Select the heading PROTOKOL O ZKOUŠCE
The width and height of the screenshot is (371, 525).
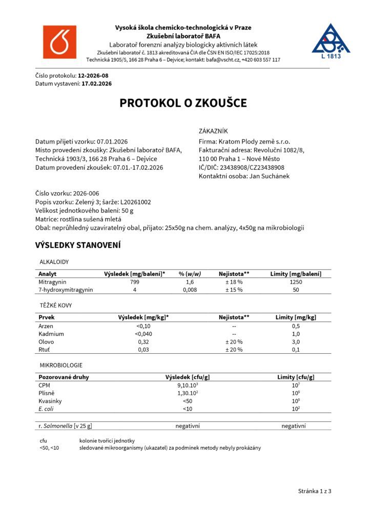pos(183,103)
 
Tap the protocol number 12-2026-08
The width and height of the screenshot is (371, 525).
pos(93,75)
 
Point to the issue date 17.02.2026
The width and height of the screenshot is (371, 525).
pos(97,83)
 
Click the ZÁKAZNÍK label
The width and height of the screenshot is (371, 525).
pos(213,131)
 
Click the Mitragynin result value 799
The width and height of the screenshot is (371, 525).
pos(134,282)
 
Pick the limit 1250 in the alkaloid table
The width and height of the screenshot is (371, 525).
pos(295,282)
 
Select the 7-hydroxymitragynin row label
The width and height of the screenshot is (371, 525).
pos(66,290)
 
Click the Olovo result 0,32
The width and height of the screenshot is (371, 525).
pos(143,341)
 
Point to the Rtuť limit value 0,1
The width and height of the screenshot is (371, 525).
pos(296,350)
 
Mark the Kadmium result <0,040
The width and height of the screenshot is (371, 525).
pos(143,334)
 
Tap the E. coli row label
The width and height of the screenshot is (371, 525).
pos(47,409)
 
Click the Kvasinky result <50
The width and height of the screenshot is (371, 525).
pos(187,401)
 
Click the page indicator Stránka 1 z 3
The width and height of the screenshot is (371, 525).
pos(315,491)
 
